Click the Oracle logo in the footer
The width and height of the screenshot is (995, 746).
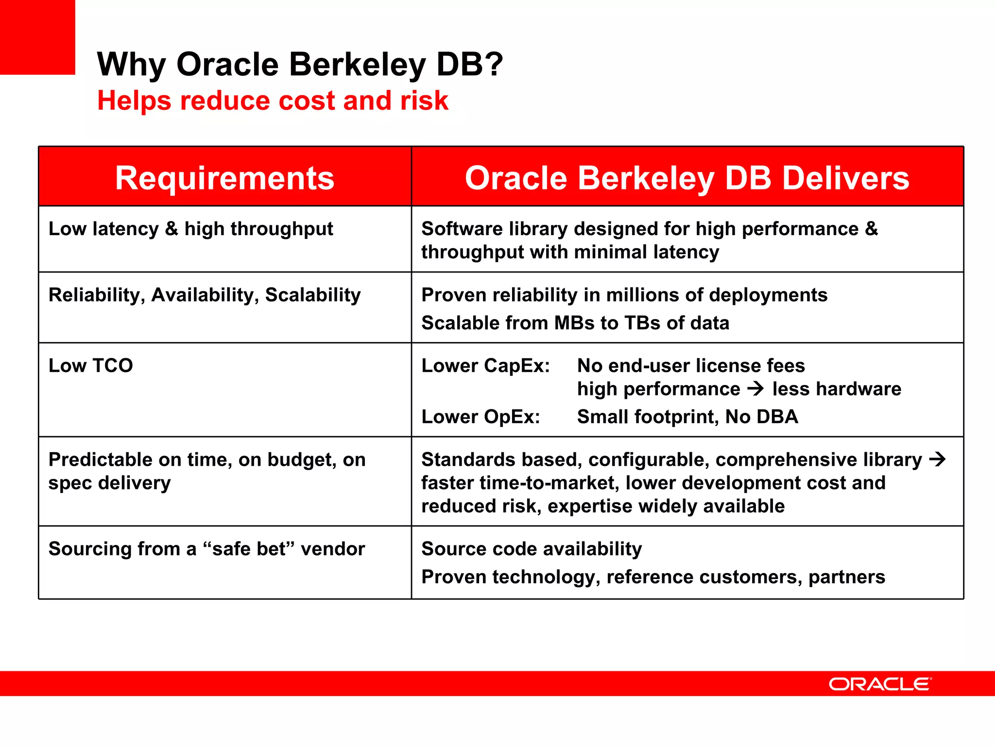pyautogui.click(x=880, y=684)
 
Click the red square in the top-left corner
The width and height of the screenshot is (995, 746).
pyautogui.click(x=37, y=37)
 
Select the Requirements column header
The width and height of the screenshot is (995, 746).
pyautogui.click(x=224, y=178)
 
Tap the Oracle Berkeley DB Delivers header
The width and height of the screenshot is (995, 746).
pyautogui.click(x=687, y=178)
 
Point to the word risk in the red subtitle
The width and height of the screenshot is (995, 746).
pyautogui.click(x=424, y=101)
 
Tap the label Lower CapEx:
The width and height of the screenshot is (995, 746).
pyautogui.click(x=485, y=366)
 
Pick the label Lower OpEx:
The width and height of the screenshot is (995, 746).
pyautogui.click(x=480, y=417)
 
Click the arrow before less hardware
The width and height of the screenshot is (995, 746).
pyautogui.click(x=755, y=389)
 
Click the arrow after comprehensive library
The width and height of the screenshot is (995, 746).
pyautogui.click(x=937, y=459)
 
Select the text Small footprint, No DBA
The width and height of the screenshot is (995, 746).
pyautogui.click(x=687, y=417)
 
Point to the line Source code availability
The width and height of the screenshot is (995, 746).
pyautogui.click(x=532, y=549)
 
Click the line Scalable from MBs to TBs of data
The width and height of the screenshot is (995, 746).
pyautogui.click(x=575, y=323)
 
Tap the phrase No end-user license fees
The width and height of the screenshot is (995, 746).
pyautogui.click(x=690, y=366)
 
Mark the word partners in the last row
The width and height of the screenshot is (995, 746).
pyautogui.click(x=846, y=577)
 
